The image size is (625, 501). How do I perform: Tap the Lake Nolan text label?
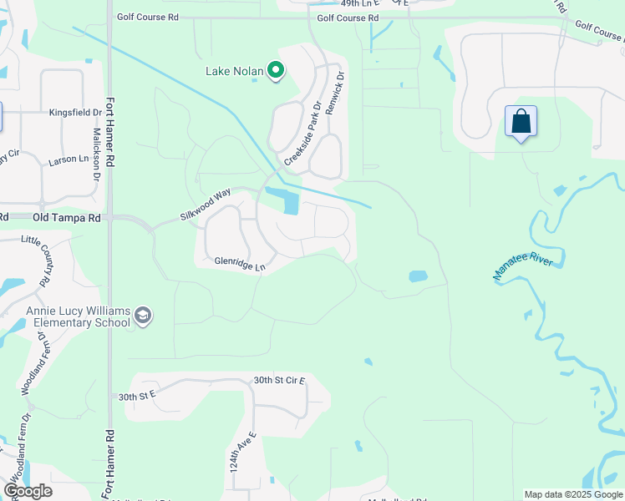(x=235, y=71)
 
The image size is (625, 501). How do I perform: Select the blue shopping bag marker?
(x=521, y=122)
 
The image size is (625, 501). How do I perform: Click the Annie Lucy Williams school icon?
(x=143, y=316)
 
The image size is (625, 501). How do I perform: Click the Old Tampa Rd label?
(x=66, y=217)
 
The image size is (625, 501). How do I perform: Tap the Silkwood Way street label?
(x=205, y=205)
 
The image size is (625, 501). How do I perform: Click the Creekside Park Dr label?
(x=302, y=134)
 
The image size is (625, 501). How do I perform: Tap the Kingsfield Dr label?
(x=75, y=112)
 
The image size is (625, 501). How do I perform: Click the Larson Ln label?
(x=69, y=159)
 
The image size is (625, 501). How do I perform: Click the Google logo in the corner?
(x=28, y=491)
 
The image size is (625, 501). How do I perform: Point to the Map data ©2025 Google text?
(x=573, y=494)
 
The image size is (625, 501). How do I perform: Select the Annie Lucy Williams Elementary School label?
(x=79, y=316)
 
